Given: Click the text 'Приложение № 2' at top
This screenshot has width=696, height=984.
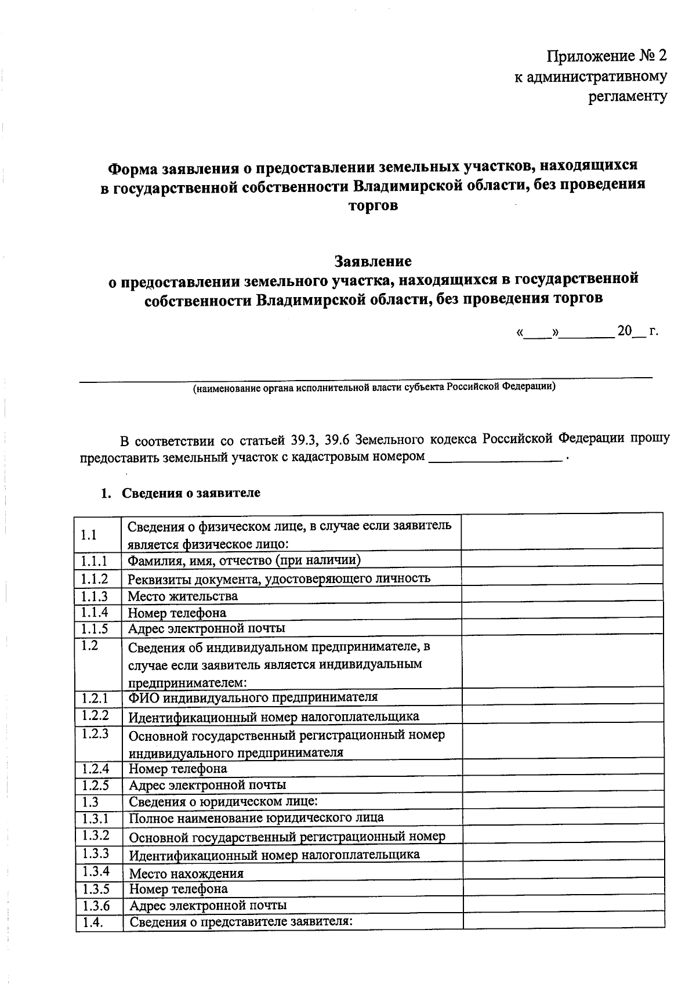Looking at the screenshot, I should tap(607, 56).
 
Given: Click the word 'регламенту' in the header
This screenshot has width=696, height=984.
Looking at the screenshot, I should tap(628, 96).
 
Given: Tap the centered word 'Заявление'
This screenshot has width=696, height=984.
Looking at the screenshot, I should tap(373, 261).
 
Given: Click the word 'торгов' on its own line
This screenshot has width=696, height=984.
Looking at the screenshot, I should tap(373, 206).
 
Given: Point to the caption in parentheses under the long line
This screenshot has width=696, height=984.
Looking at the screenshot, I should tap(374, 388).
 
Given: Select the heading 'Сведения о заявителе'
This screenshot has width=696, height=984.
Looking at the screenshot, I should tap(191, 493).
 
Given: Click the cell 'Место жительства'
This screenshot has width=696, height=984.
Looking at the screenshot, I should tap(183, 596).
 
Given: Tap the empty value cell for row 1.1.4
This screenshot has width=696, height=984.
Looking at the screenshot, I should tap(562, 612).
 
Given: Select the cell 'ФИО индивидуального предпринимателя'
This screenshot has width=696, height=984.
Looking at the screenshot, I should tap(253, 697).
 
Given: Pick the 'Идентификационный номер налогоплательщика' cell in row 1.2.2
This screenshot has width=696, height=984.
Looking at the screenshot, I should tap(273, 717).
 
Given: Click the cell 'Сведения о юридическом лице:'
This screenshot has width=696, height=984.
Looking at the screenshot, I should tap(223, 802).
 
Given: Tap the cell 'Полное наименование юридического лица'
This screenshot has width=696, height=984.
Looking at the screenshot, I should tap(256, 817).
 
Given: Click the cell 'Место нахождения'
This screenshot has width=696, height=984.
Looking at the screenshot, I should tap(186, 873).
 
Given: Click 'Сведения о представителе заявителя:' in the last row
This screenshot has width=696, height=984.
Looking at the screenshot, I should tap(241, 921).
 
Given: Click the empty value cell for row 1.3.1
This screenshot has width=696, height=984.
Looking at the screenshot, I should tap(562, 818).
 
